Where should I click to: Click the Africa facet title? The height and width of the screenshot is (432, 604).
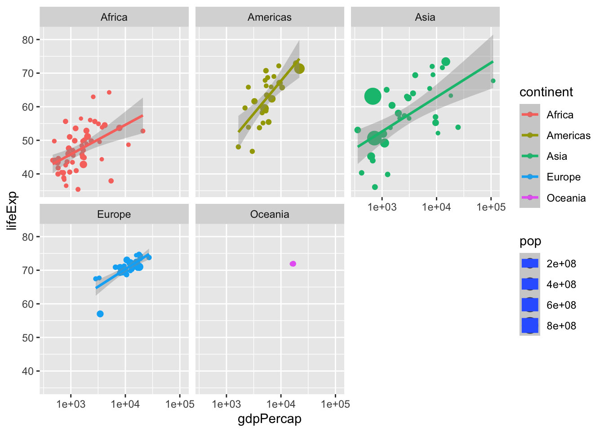point(114,17)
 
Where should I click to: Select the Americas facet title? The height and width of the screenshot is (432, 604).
point(269,17)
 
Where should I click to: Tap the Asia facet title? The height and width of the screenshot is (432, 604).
point(425,17)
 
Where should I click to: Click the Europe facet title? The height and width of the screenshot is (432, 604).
point(114,214)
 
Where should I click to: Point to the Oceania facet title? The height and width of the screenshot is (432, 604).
point(269,214)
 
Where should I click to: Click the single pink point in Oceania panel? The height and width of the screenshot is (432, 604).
point(293,264)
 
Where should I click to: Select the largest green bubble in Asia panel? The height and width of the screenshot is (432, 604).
point(373,96)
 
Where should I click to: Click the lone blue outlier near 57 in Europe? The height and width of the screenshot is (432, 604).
point(100,314)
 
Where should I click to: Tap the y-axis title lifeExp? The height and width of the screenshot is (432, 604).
point(12,210)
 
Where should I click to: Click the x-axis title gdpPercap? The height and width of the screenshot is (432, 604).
point(269,419)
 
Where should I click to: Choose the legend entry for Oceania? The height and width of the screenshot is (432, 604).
point(566,198)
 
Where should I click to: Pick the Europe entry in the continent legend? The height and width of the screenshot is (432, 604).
point(563,177)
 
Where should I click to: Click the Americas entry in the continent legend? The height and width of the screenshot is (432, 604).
point(568,135)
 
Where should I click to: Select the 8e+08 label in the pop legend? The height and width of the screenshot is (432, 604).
point(561,326)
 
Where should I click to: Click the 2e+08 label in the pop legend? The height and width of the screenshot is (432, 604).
point(561,264)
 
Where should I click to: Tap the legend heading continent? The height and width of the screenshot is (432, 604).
point(546,92)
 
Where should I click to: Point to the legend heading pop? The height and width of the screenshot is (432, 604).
point(530,241)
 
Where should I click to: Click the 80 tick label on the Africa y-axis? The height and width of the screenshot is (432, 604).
point(28,40)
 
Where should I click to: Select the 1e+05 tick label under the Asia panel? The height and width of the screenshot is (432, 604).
point(491,207)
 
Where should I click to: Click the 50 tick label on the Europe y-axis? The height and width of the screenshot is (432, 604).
point(28,337)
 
